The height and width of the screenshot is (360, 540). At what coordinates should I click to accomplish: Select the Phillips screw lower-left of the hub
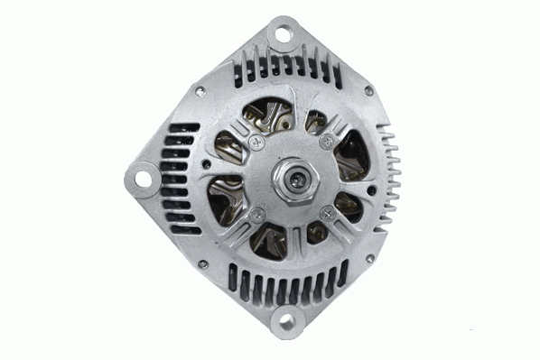tap(257, 214)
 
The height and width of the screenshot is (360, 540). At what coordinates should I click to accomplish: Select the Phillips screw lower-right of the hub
tap(325, 212)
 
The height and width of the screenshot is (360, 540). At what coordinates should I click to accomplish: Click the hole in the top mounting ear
tap(283, 35)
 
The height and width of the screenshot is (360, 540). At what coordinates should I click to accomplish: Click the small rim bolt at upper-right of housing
tap(368, 89)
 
